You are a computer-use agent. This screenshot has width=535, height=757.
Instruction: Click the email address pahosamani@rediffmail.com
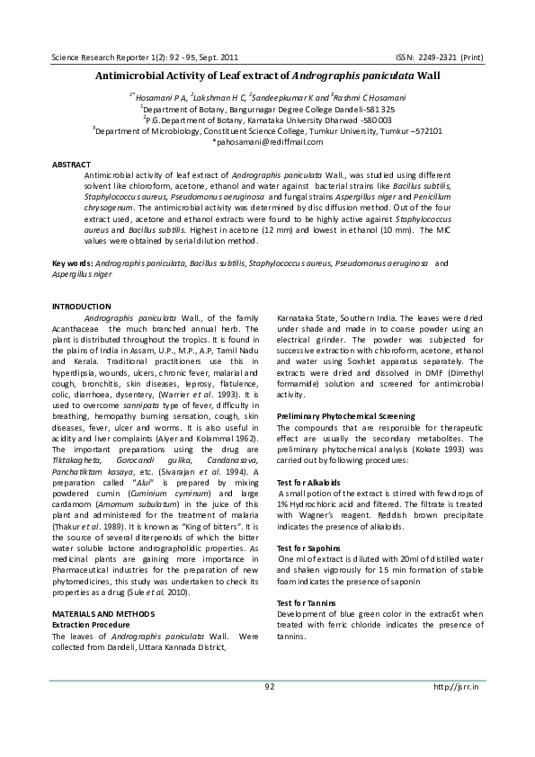(267, 141)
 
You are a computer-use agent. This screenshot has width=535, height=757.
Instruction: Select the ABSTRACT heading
(71, 165)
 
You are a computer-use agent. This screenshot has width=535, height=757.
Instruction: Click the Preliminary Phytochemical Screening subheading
(346, 416)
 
